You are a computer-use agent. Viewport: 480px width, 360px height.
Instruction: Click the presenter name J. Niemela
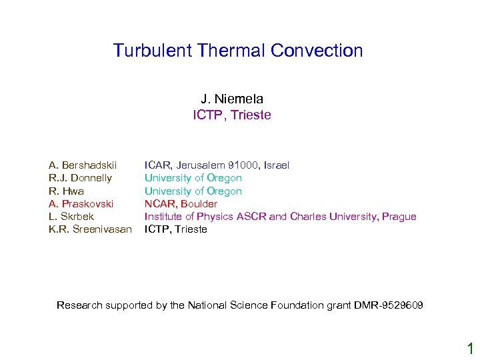pos(232,99)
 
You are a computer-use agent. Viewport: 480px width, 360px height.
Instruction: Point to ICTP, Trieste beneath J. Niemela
pos(232,115)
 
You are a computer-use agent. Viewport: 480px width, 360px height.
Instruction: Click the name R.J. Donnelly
pos(80,178)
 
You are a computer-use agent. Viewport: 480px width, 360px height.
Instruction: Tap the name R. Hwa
pos(66,191)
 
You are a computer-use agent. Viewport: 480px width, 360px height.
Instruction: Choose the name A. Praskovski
pos(81,203)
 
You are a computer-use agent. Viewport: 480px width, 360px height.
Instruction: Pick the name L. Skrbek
pos(71,217)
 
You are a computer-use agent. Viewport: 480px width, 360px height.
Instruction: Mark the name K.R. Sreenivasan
pos(90,229)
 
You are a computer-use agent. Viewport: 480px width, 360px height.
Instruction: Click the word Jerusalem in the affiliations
pos(201,165)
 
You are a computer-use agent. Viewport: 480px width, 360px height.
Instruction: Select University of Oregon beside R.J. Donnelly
pos(193,178)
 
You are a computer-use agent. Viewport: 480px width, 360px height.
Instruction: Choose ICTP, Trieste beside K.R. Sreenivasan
pos(176,229)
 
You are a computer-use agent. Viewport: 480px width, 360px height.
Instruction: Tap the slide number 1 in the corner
pos(469,347)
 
